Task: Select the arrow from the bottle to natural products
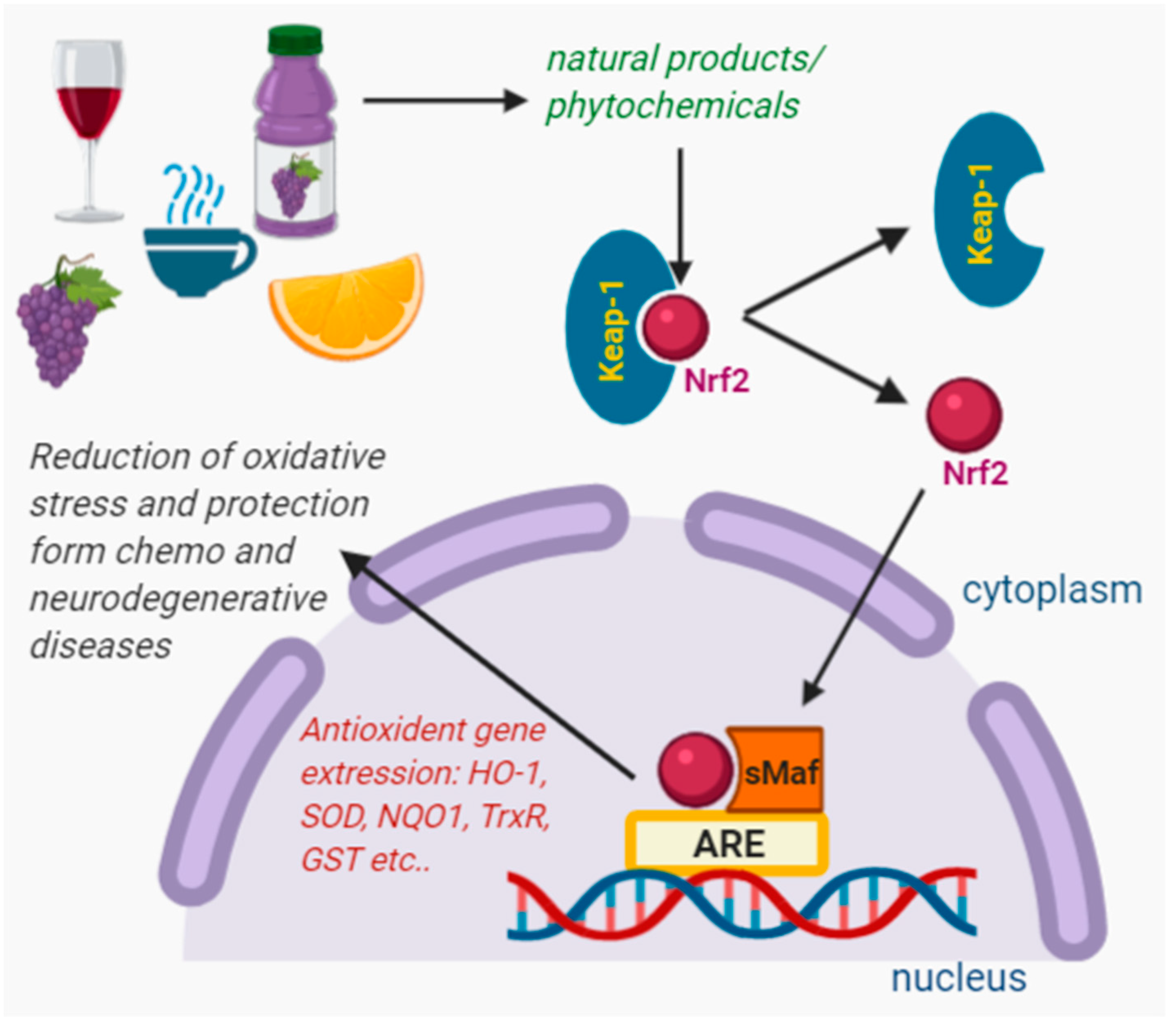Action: pos(444,101)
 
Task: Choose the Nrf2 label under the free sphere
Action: pos(975,473)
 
